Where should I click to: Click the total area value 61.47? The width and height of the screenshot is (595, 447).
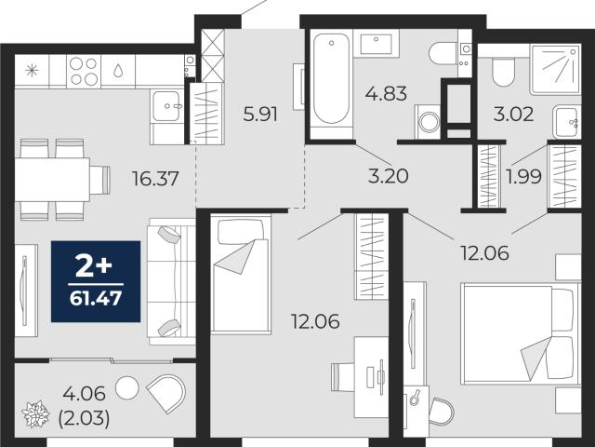pyautogui.click(x=96, y=298)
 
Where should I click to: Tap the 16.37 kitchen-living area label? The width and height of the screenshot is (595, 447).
pyautogui.click(x=155, y=179)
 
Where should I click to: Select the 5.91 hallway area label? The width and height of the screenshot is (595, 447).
pyautogui.click(x=260, y=114)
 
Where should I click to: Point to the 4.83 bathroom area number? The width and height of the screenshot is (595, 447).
pyautogui.click(x=386, y=93)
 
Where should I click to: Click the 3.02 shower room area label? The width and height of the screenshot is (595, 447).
pyautogui.click(x=513, y=114)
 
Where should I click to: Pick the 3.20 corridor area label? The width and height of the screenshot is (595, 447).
pyautogui.click(x=389, y=176)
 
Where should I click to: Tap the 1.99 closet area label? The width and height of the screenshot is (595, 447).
pyautogui.click(x=523, y=176)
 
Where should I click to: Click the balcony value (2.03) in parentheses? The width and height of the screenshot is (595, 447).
pyautogui.click(x=84, y=418)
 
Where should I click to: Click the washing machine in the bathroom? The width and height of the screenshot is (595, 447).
pyautogui.click(x=428, y=122)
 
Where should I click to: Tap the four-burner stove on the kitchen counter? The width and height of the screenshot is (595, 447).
pyautogui.click(x=84, y=71)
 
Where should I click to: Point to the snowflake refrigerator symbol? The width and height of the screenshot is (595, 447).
pyautogui.click(x=32, y=71)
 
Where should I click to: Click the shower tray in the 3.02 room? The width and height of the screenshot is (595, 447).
pyautogui.click(x=556, y=70)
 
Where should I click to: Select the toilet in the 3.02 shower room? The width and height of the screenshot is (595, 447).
pyautogui.click(x=503, y=72)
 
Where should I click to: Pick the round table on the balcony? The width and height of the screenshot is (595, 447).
pyautogui.click(x=127, y=387)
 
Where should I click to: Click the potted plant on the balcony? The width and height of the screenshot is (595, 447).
pyautogui.click(x=35, y=413)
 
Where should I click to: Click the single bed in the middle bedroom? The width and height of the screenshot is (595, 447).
pyautogui.click(x=241, y=274)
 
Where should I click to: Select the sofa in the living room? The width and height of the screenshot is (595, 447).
pyautogui.click(x=171, y=281)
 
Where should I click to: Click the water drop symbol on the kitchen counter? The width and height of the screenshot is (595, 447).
pyautogui.click(x=118, y=71)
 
